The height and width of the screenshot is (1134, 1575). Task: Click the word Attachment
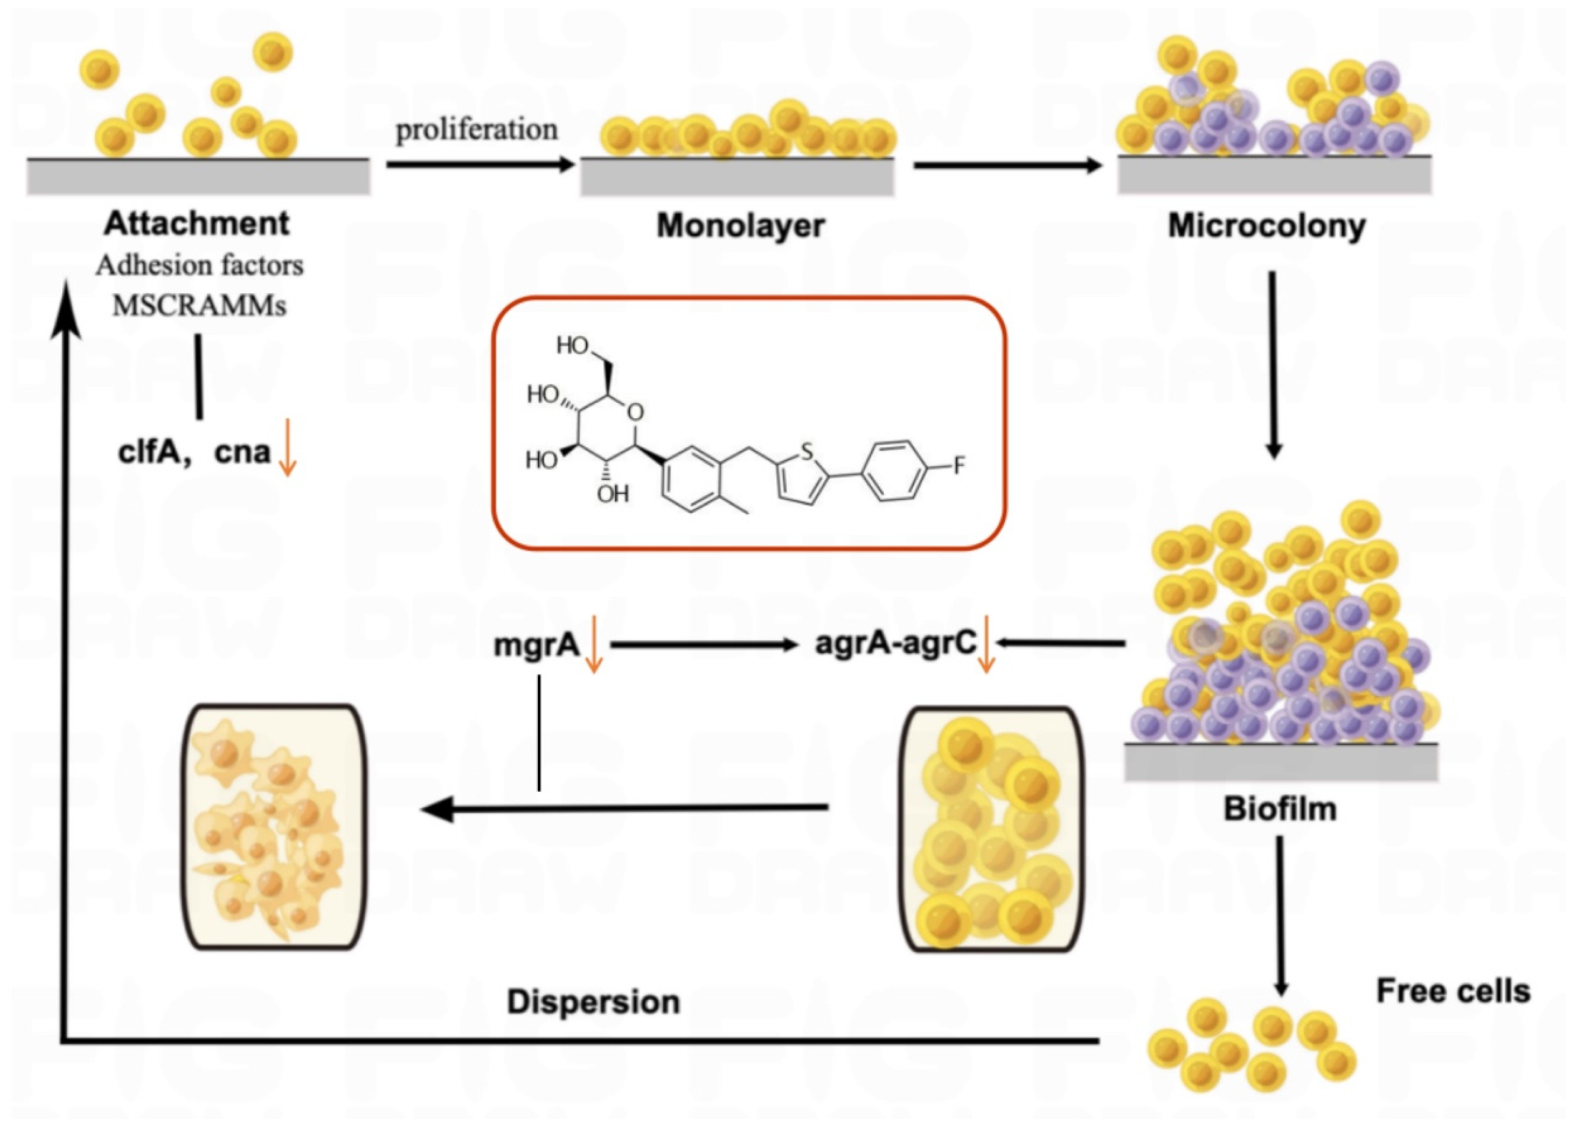click(197, 224)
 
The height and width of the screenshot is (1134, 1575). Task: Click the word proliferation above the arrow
click(476, 130)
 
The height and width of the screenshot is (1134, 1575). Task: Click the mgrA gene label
click(536, 645)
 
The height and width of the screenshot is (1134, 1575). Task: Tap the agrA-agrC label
click(896, 643)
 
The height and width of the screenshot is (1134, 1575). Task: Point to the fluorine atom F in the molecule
click(959, 465)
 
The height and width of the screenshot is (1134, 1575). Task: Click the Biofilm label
click(1280, 809)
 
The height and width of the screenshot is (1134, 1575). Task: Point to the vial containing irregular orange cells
click(274, 827)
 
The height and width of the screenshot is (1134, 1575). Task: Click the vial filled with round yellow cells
click(992, 829)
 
